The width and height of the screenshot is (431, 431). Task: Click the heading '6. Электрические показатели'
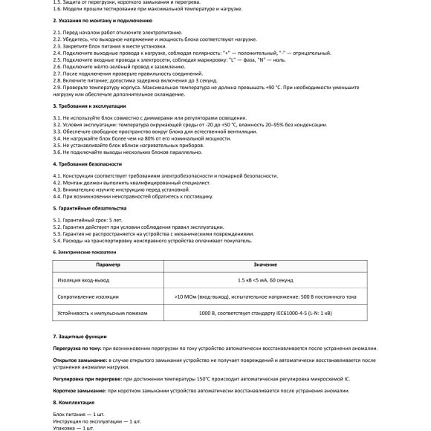(85, 252)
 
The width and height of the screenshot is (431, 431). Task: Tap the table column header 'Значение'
(265, 265)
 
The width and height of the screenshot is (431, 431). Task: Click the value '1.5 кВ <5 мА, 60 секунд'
(265, 280)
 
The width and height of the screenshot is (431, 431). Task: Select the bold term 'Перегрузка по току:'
(77, 348)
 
